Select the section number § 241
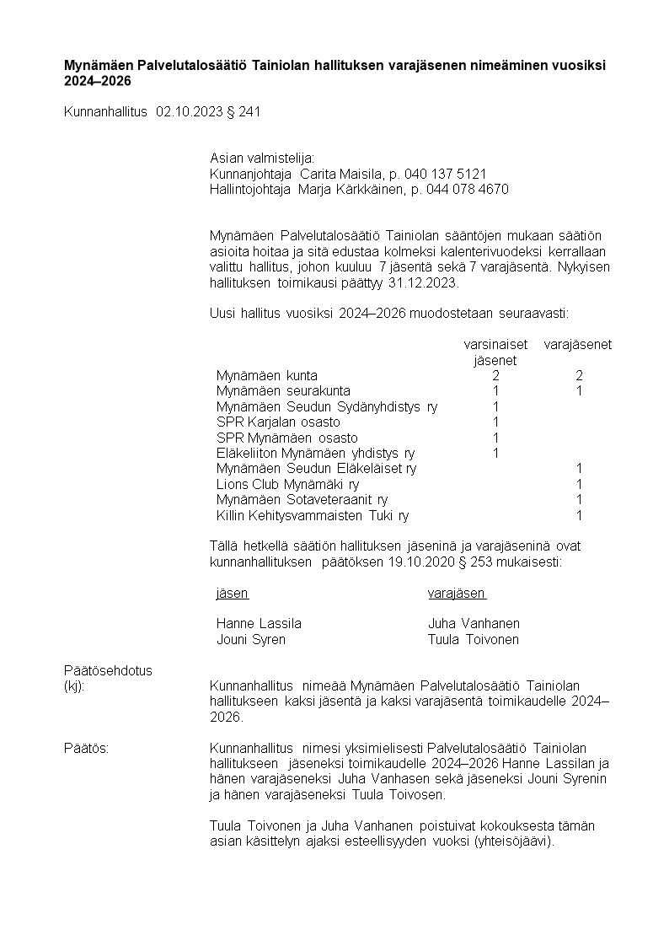(244, 111)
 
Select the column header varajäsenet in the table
(578, 345)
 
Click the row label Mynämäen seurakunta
(283, 391)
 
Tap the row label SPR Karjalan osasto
(278, 422)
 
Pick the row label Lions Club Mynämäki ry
(287, 484)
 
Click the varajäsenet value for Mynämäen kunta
(580, 376)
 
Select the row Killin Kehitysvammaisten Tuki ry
(313, 515)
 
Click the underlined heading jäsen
(233, 593)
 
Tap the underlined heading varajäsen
(457, 593)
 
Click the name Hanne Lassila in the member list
(259, 624)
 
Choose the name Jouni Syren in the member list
(251, 639)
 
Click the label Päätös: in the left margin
(86, 749)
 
